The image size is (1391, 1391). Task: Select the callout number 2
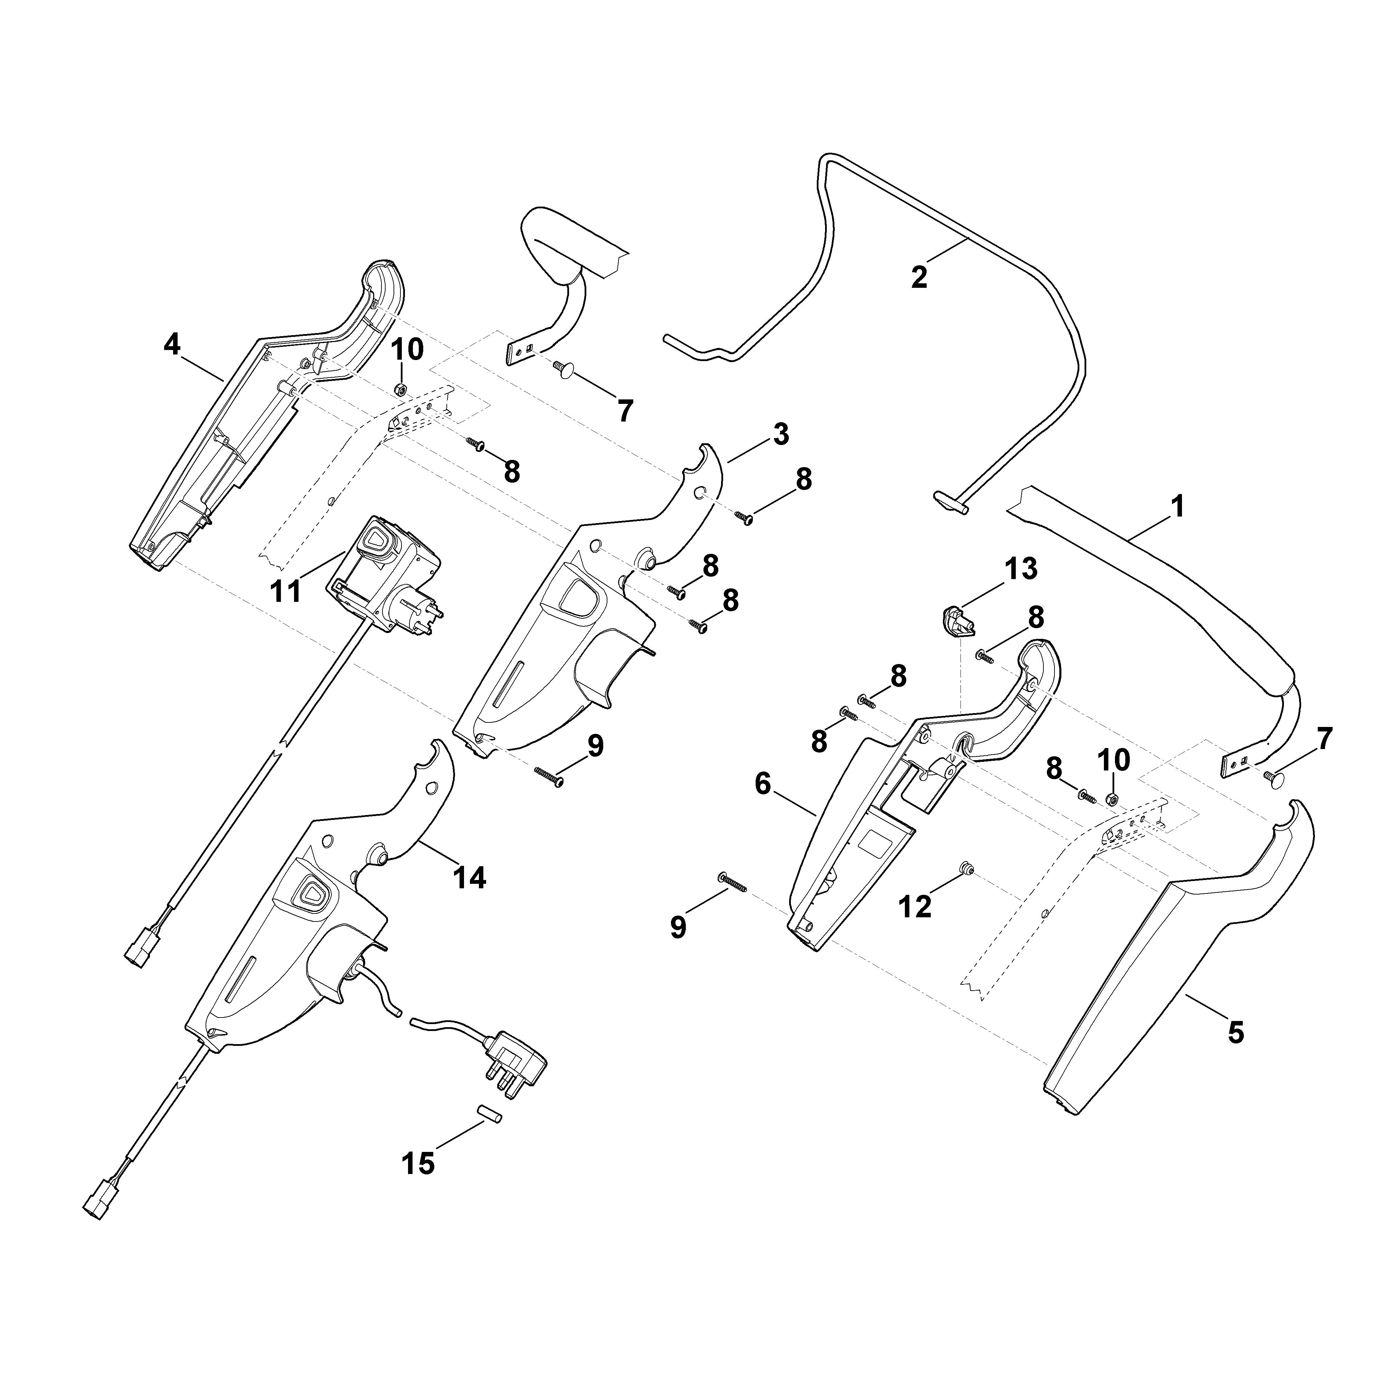pos(919,277)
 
